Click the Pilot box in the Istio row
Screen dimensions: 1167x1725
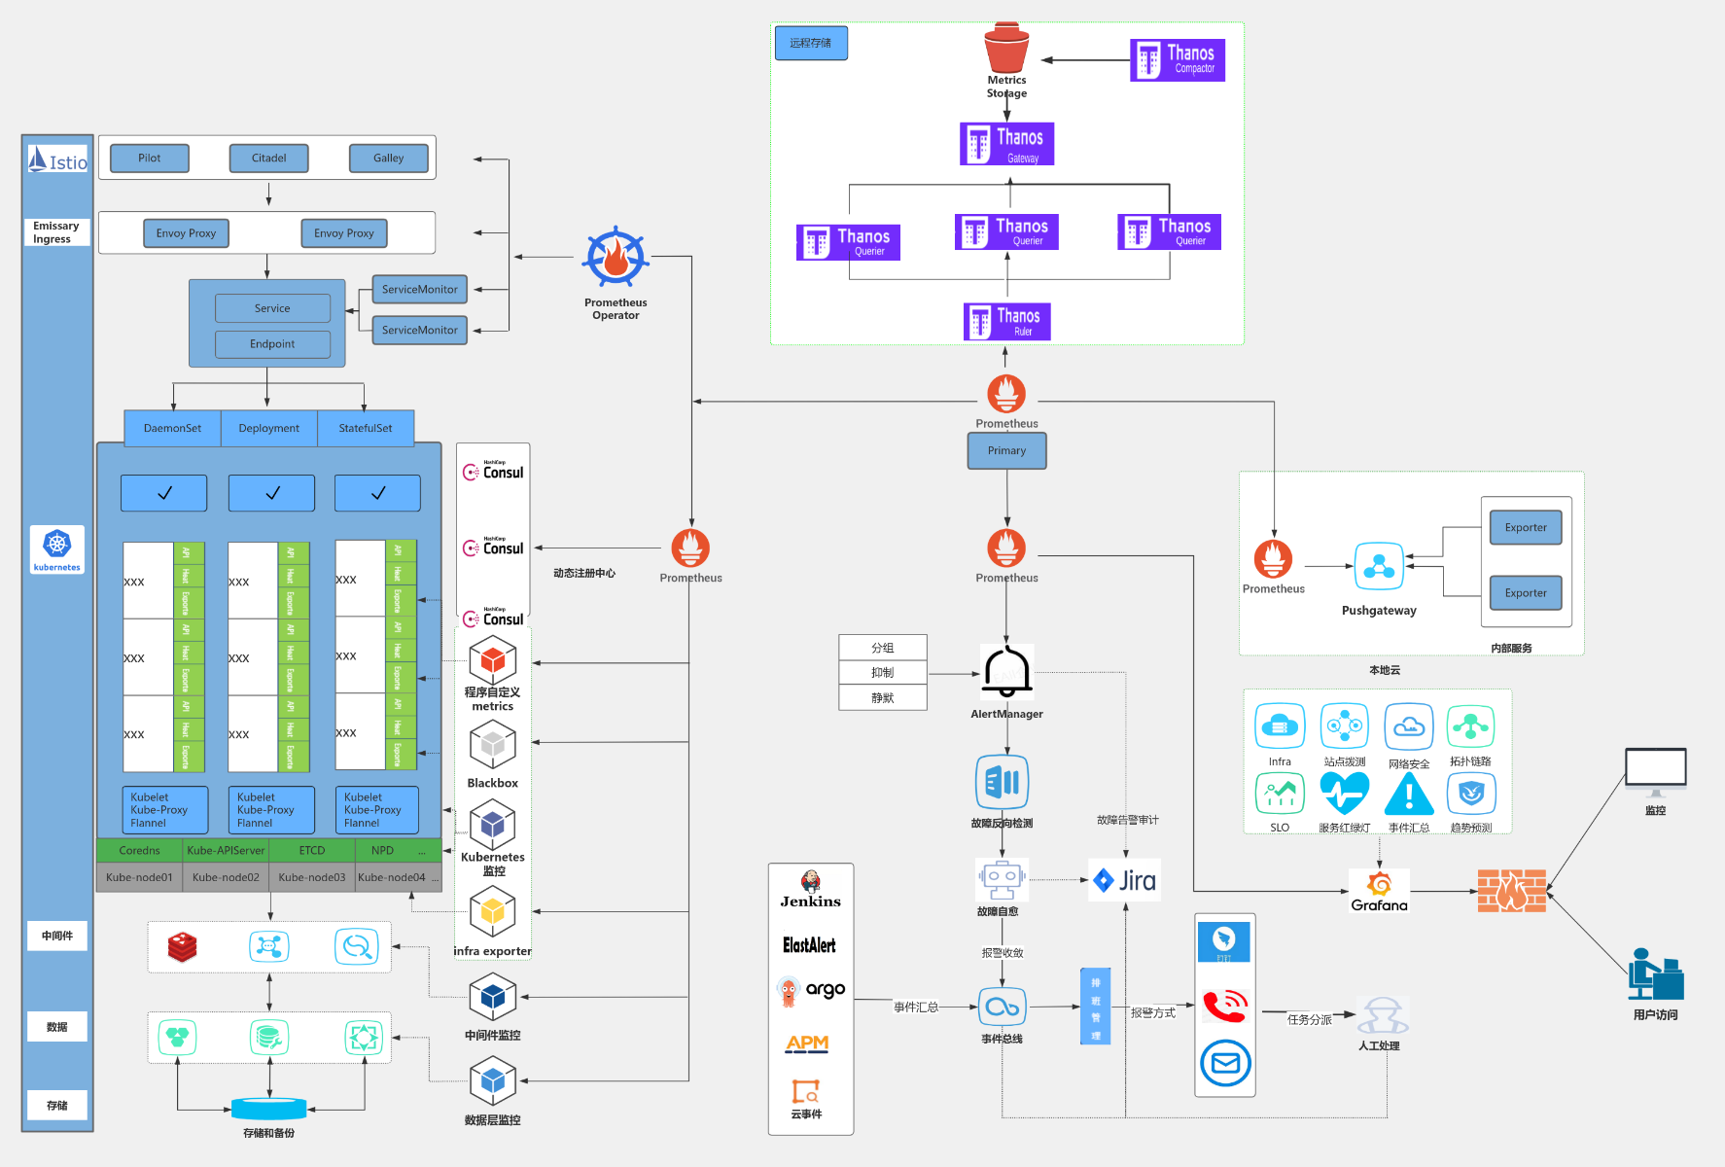point(150,158)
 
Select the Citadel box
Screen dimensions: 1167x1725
point(268,158)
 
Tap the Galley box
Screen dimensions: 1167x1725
point(388,158)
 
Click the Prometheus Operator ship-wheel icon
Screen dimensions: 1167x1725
point(616,258)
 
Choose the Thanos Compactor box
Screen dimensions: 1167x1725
point(1177,60)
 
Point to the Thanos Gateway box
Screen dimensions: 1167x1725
point(1006,144)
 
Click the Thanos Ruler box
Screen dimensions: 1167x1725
point(1006,321)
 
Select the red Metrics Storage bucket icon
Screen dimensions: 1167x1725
point(1006,49)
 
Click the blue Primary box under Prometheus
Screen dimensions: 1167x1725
point(1006,450)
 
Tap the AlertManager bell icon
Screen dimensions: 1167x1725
point(1006,672)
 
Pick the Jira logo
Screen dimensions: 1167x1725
point(1124,881)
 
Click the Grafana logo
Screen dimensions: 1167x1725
point(1379,891)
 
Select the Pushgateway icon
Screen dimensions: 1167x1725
point(1379,566)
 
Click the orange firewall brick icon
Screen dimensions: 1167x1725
point(1511,891)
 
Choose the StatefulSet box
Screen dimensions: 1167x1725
point(366,428)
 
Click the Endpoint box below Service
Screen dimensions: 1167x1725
point(272,343)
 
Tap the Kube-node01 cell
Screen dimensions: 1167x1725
point(139,877)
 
